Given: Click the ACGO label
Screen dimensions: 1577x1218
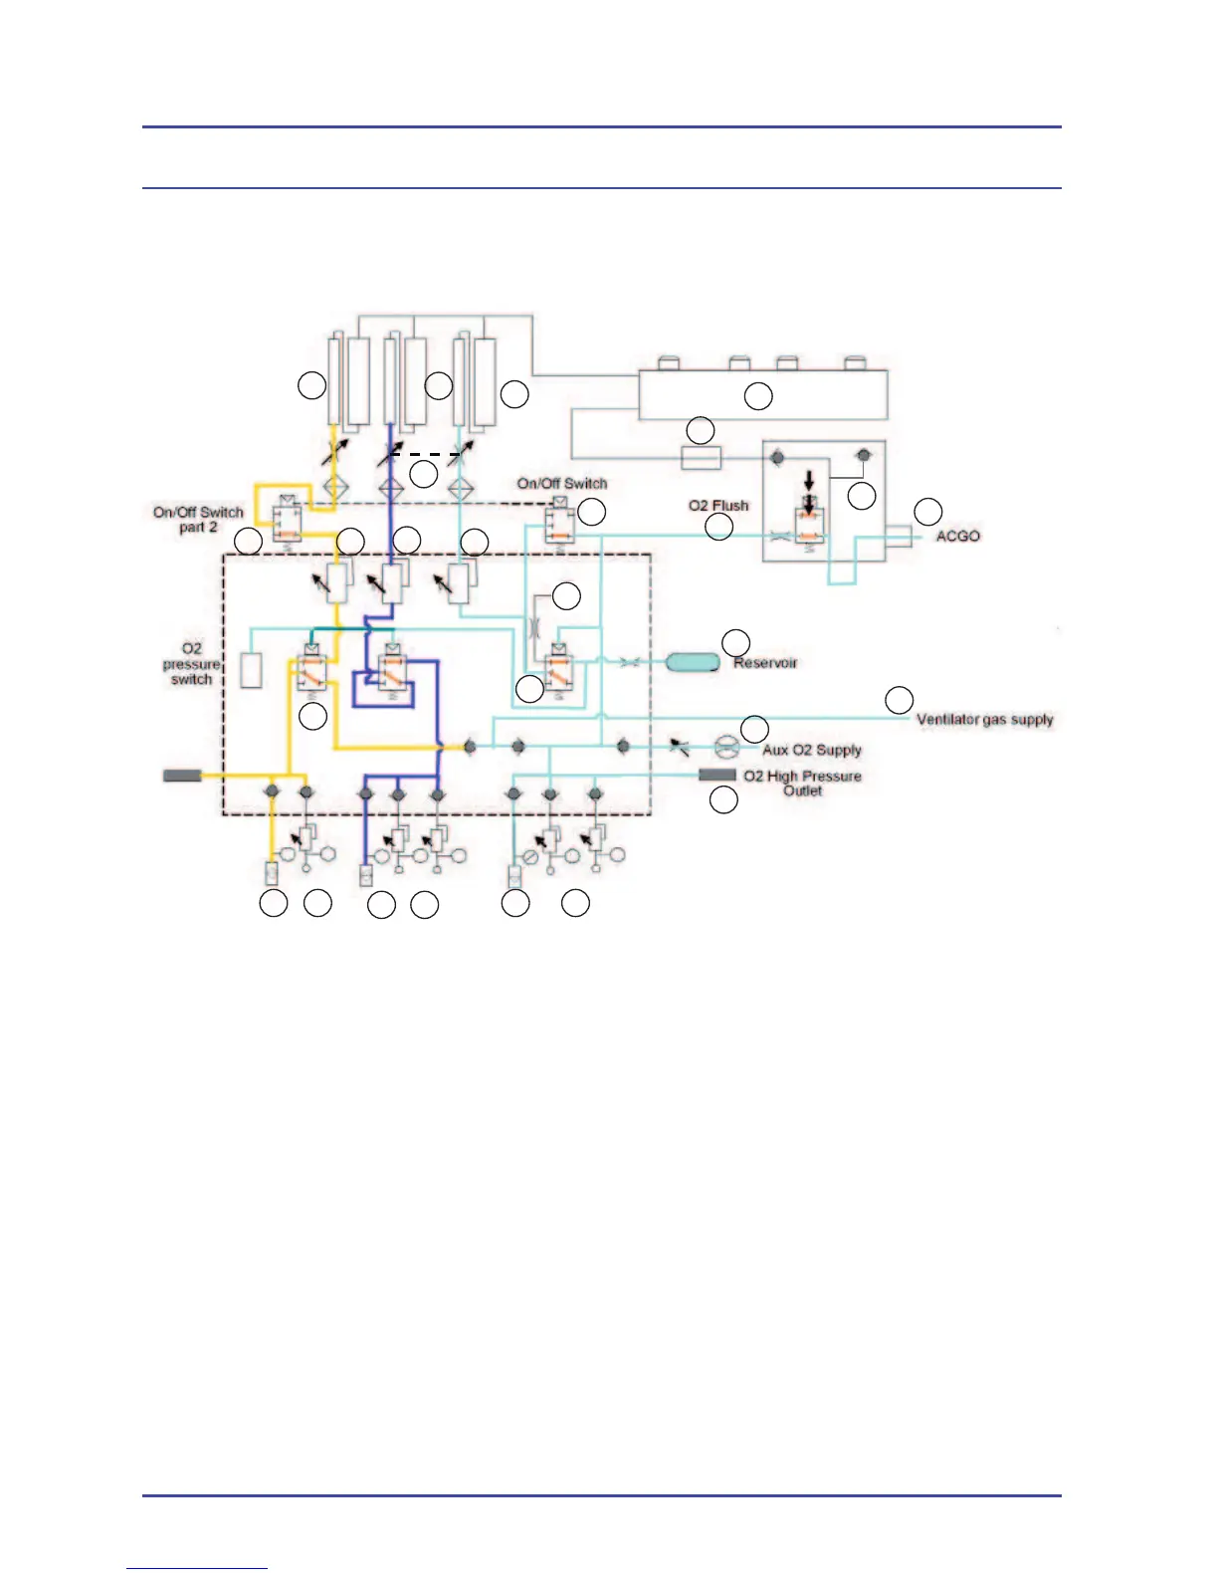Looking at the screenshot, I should (957, 536).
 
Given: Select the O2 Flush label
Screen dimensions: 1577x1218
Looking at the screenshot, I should (717, 505).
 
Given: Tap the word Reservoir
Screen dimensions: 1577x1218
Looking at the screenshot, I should (765, 662).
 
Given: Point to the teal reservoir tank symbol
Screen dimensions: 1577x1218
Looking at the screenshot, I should (693, 662).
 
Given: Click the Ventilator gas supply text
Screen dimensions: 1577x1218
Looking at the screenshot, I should (984, 719).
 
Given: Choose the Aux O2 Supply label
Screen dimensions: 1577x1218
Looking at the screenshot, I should (812, 750).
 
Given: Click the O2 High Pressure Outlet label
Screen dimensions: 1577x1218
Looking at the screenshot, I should (802, 783).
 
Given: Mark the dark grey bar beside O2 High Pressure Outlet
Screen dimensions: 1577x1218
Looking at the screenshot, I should (717, 775).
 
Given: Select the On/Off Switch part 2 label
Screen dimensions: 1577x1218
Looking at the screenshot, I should (198, 519).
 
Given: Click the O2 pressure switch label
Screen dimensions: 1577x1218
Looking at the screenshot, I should (191, 663).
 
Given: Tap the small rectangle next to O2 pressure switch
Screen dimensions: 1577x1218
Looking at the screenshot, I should (251, 669).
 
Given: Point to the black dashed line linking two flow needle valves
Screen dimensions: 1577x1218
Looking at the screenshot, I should (428, 454).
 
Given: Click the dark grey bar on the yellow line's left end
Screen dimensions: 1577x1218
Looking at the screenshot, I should (182, 775).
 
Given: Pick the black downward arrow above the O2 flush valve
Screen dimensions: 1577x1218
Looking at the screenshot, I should (809, 480).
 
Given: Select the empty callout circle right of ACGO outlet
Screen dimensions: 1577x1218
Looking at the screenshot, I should (927, 511).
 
